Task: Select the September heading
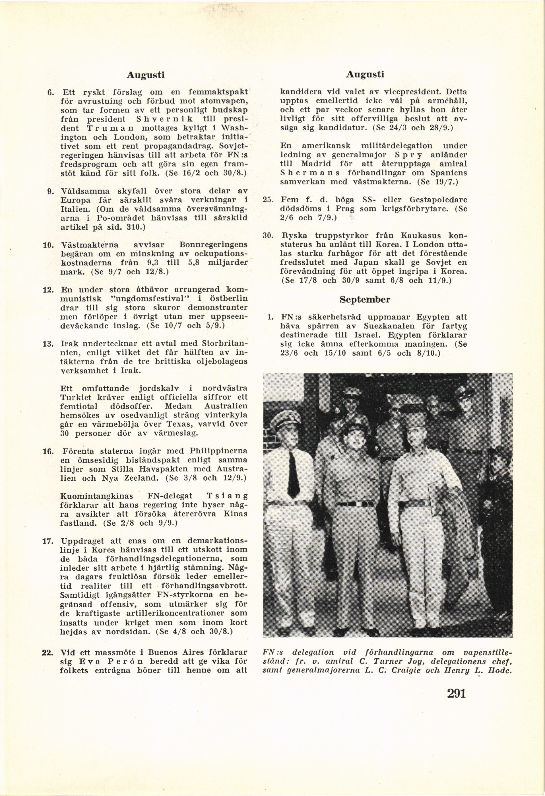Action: (365, 299)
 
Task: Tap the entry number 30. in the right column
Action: (267, 236)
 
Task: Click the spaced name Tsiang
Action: (227, 496)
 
